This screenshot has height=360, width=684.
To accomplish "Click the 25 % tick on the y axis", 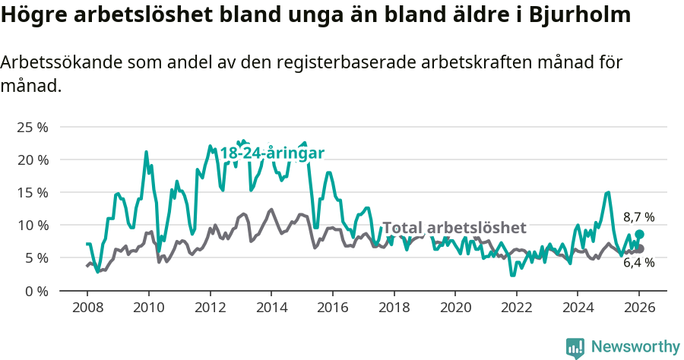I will [33, 128].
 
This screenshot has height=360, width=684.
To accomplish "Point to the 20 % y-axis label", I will [33, 160].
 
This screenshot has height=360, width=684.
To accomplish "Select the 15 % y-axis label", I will [33, 193].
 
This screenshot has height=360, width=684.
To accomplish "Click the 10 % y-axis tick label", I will [33, 226].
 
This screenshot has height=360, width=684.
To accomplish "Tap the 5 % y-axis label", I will [36, 258].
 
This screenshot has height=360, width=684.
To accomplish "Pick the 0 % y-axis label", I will [36, 291].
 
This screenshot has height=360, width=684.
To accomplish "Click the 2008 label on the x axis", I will [87, 308].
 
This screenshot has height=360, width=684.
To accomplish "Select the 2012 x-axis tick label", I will [210, 308].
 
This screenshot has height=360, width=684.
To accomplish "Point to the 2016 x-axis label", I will [333, 308].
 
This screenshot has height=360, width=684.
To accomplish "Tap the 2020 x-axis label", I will [455, 308].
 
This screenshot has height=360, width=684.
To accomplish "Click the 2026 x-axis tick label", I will [639, 308].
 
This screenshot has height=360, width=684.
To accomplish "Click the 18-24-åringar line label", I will [272, 153].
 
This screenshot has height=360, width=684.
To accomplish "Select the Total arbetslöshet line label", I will [454, 228].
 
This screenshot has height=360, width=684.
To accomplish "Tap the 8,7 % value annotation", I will [638, 217].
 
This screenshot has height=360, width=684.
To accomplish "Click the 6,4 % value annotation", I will [638, 263].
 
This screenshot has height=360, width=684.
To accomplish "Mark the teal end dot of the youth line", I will [639, 235].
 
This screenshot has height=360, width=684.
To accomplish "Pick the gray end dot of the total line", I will [639, 249].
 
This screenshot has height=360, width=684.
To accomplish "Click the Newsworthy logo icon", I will [575, 348].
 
